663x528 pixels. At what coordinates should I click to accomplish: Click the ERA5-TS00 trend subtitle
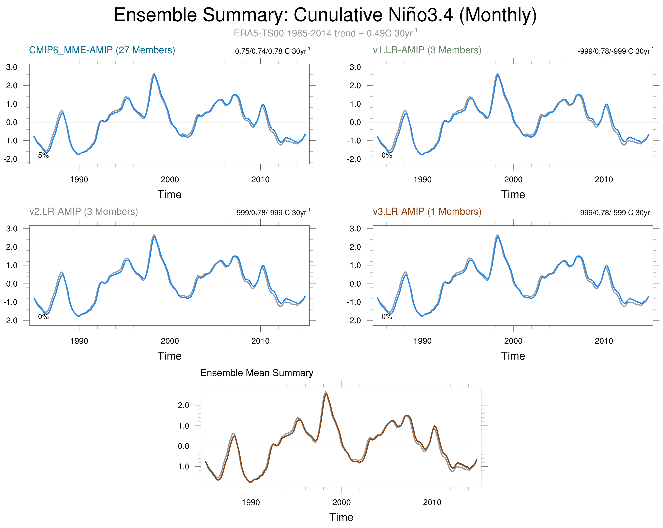pos(325,33)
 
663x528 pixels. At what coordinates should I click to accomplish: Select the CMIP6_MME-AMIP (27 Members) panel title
pos(102,50)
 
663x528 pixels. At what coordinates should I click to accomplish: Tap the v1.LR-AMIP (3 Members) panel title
pos(427,50)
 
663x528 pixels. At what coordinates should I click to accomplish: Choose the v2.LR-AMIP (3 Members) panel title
pos(83,211)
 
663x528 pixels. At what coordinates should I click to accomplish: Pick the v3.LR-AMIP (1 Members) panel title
pos(427,211)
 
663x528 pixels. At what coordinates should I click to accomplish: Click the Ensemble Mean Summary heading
pos(257,373)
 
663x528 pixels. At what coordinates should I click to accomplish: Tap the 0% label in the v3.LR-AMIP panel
pos(387,317)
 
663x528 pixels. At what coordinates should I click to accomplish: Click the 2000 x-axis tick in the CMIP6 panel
pos(170,179)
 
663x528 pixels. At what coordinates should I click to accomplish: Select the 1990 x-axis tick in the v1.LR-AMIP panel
pos(423,179)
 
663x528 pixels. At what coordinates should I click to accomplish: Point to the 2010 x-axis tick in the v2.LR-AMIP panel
pos(260,341)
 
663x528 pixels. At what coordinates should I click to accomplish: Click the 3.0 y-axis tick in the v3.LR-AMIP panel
pos(355,229)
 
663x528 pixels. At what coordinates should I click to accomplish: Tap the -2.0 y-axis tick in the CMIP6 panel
pos(10,159)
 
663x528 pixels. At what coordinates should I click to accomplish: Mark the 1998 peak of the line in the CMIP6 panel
pos(154,74)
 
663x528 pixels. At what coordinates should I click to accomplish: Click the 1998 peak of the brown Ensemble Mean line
pos(326,393)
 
